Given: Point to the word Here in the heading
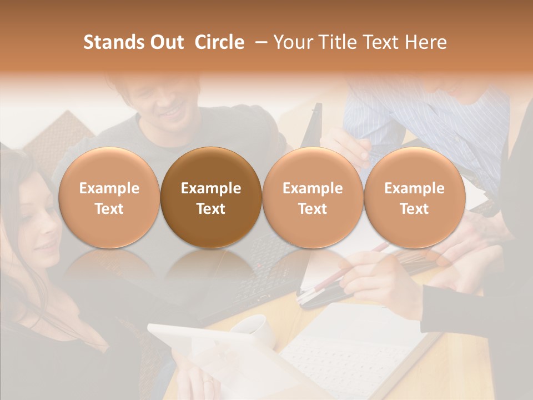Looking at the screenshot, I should [427, 42].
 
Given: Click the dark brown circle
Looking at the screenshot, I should [211, 197].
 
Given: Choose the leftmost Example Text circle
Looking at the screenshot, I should [109, 197].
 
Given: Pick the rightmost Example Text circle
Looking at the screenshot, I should [414, 197].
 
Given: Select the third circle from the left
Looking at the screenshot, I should [313, 197].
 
